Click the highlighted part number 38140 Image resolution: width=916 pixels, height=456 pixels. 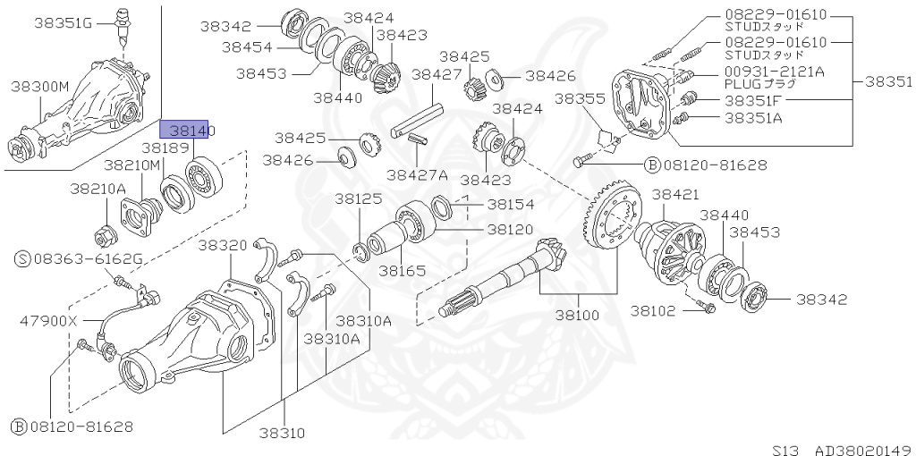point(184,131)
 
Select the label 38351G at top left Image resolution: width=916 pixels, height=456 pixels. point(64,22)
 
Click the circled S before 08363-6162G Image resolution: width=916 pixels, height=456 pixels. point(22,259)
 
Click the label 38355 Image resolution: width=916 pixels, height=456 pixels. point(581,97)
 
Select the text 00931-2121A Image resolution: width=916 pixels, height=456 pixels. point(774,72)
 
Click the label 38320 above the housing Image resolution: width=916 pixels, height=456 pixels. point(224,245)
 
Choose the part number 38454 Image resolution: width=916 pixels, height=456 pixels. point(248,46)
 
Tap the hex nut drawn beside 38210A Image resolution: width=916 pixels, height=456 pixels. point(102,236)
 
